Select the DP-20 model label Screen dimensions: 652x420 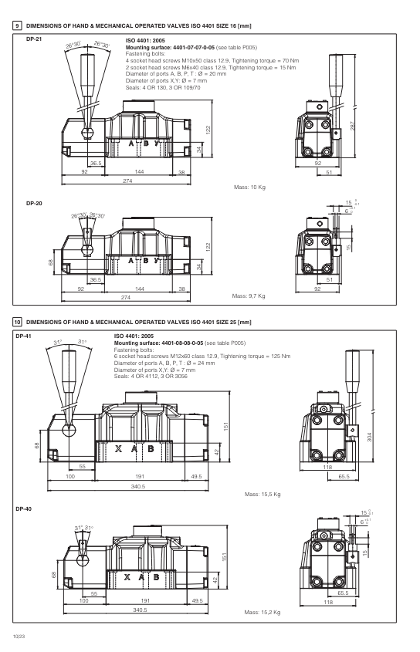(34, 205)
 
